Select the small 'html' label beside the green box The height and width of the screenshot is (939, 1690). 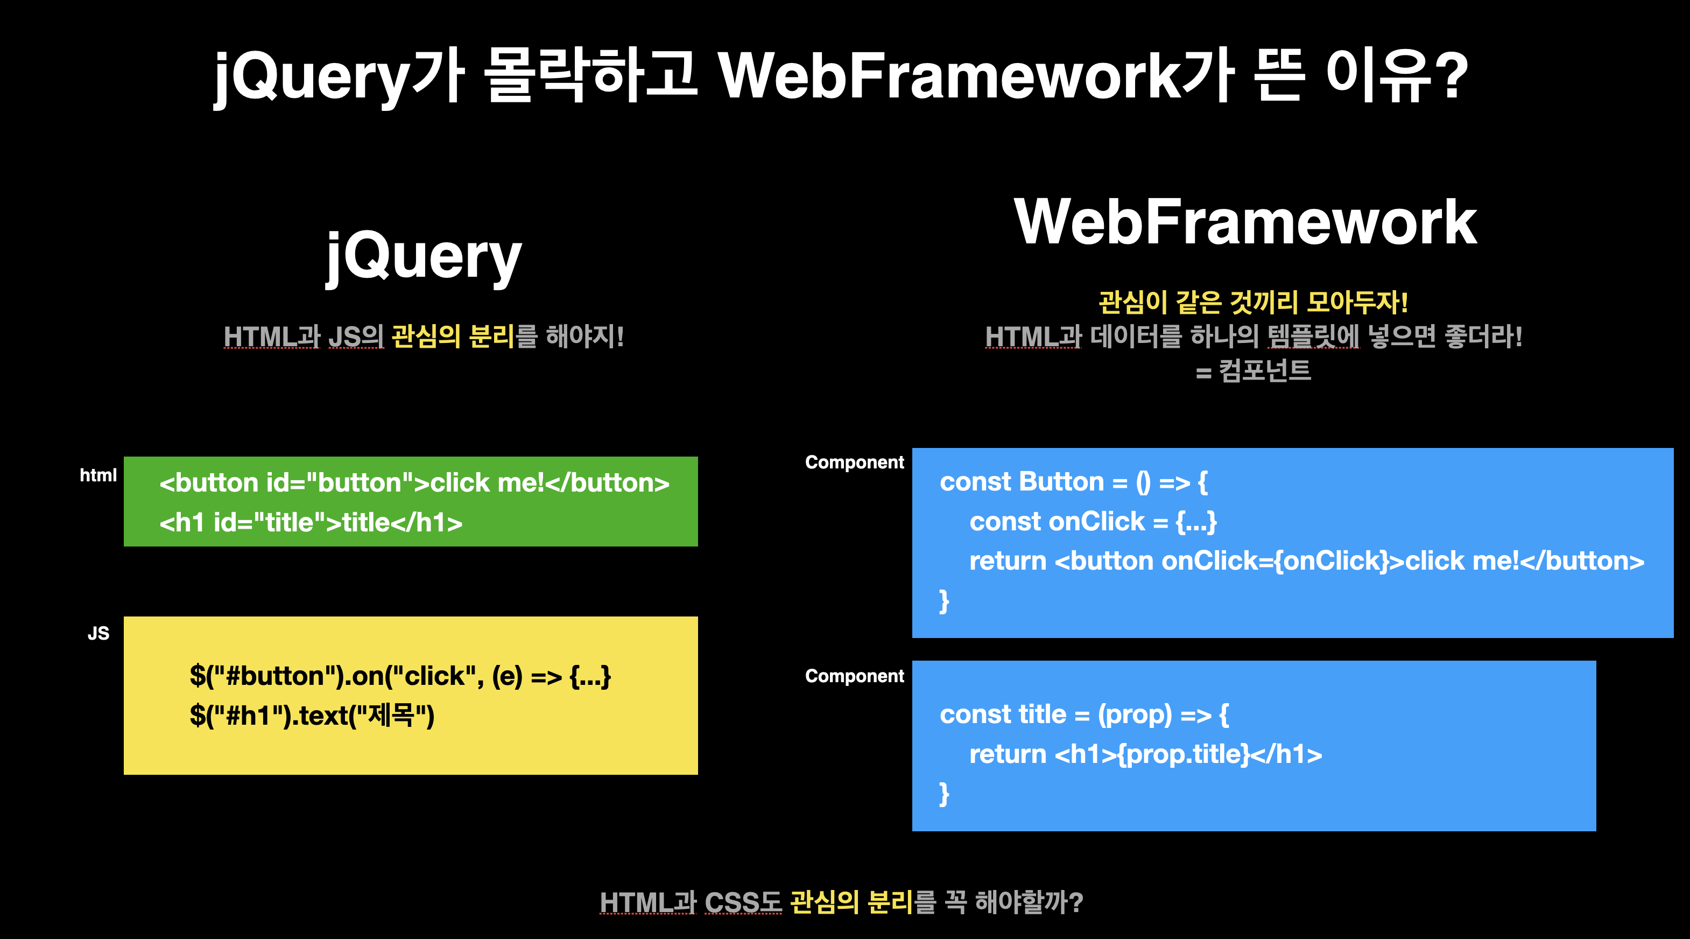[98, 475]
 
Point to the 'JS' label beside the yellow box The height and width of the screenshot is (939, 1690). [98, 633]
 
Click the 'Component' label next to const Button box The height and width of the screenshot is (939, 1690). [854, 463]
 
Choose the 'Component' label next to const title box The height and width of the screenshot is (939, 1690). [854, 676]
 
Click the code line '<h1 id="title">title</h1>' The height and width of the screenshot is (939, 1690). [311, 523]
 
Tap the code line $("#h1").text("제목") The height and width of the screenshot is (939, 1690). [312, 715]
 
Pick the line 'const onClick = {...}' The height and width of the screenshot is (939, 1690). [1093, 522]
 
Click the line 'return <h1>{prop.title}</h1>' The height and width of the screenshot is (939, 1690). [1145, 755]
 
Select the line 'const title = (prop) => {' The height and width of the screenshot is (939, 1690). [1085, 714]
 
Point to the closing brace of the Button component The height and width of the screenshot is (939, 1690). [944, 601]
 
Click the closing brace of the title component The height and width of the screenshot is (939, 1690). [944, 794]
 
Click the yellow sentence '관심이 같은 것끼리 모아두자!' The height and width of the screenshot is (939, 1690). [1253, 303]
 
